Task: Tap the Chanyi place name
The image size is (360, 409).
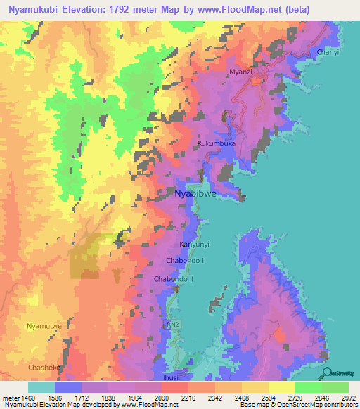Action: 328,53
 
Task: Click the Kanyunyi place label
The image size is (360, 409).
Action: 195,245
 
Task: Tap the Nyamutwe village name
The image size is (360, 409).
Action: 44,327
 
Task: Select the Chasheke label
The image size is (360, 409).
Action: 44,368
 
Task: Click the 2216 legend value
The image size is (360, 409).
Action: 188,398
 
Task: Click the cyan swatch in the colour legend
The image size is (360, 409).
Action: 41,387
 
